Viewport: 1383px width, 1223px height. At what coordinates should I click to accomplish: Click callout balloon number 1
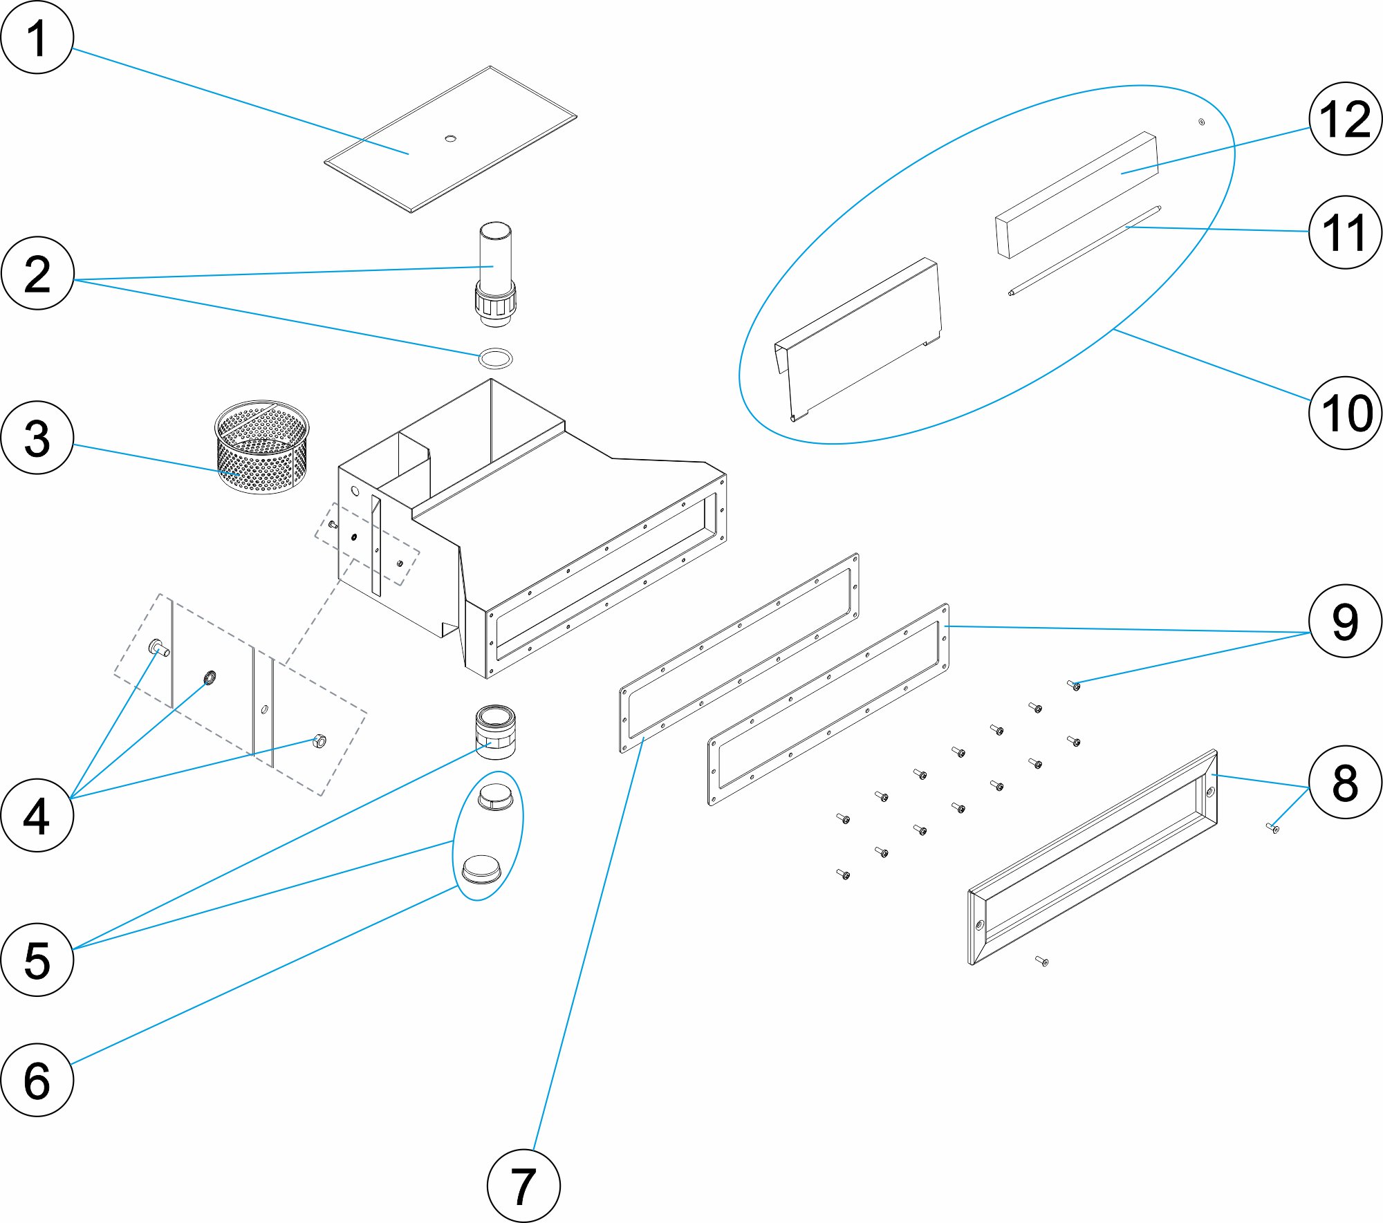click(37, 38)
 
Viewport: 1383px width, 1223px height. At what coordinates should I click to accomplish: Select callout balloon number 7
click(523, 1186)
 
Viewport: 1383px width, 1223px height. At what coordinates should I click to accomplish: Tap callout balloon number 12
click(1345, 119)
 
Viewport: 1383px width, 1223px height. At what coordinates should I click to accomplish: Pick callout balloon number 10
click(1345, 413)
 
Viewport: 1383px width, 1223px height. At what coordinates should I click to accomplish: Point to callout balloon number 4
click(37, 815)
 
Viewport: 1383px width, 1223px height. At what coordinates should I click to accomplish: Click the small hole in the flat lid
click(450, 138)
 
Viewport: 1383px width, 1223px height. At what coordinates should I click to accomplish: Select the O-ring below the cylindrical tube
click(495, 359)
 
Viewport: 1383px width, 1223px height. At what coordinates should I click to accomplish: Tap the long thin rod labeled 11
click(1084, 251)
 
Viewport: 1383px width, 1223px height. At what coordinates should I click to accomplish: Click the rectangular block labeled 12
click(1077, 195)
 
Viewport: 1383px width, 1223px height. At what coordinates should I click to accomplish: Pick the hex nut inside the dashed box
click(319, 741)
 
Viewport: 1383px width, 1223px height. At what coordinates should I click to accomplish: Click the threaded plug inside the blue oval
click(496, 797)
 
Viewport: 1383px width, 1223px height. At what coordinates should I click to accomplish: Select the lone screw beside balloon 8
click(1272, 828)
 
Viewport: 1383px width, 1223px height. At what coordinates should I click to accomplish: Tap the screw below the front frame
click(1041, 960)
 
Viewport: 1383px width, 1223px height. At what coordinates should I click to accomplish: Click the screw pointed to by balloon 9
click(1074, 685)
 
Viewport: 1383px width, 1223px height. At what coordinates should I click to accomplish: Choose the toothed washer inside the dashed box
click(210, 678)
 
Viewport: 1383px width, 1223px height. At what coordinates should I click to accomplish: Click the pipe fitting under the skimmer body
click(495, 731)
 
